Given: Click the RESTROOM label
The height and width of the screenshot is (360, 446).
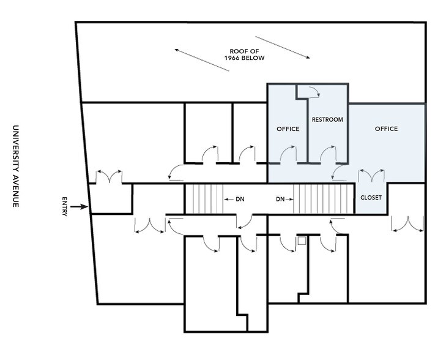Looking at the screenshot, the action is (x=327, y=119).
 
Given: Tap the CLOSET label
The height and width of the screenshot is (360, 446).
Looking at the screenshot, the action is (x=371, y=198).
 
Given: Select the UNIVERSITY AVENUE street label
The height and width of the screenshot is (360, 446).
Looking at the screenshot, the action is (x=16, y=166).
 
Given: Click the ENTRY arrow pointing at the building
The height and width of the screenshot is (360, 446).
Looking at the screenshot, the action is (x=80, y=206).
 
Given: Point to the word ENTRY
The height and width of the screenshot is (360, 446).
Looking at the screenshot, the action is (x=65, y=206).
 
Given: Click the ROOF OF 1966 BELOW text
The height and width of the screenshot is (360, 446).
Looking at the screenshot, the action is (x=245, y=54).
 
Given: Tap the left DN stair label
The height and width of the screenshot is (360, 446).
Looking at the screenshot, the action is (x=240, y=199).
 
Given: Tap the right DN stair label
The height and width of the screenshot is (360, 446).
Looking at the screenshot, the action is (x=280, y=199).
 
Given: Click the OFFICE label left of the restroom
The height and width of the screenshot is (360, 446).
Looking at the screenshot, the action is (x=288, y=129).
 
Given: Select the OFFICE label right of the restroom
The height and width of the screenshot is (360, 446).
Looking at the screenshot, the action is (x=386, y=129).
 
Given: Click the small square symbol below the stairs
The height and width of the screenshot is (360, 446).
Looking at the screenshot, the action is (x=302, y=241).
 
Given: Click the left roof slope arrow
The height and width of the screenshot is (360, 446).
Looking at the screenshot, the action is (x=202, y=60).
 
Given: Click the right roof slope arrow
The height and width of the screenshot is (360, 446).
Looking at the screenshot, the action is (x=283, y=48).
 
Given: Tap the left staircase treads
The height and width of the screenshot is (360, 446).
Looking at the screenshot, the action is (x=204, y=199).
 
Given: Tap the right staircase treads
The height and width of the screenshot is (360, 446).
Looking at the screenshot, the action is (x=324, y=199).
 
